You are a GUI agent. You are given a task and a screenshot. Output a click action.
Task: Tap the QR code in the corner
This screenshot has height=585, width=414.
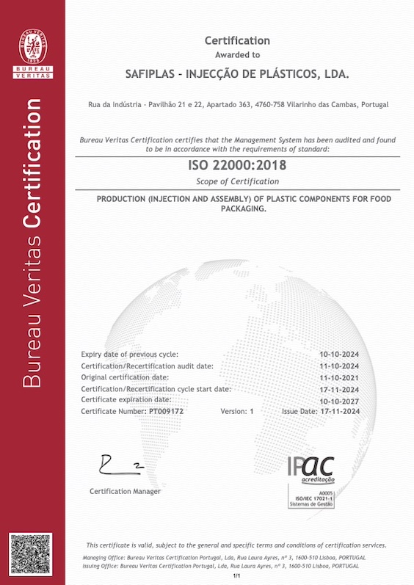click(32, 556)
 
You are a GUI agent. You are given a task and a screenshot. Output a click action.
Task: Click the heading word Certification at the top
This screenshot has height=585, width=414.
click(237, 41)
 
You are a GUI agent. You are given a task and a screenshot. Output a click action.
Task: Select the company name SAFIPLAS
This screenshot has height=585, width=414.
click(153, 75)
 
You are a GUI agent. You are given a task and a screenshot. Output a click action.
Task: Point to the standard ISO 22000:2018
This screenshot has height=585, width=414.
click(237, 166)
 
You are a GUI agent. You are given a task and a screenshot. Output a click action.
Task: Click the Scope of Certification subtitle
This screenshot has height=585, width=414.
click(237, 181)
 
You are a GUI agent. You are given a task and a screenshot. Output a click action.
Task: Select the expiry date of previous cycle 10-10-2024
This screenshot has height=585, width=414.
click(340, 355)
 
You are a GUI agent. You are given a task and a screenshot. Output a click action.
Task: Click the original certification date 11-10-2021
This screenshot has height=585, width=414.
click(340, 377)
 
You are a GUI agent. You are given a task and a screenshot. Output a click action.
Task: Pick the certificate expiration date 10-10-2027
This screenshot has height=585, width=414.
click(340, 400)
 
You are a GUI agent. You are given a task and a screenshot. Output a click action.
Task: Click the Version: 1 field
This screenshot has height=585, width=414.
click(236, 412)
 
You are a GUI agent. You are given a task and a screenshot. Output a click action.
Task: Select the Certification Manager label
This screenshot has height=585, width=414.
click(125, 491)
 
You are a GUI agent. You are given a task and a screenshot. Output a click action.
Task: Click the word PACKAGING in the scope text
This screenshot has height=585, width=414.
click(236, 209)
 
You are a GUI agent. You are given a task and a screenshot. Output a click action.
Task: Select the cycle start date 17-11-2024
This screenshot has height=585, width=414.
click(340, 388)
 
